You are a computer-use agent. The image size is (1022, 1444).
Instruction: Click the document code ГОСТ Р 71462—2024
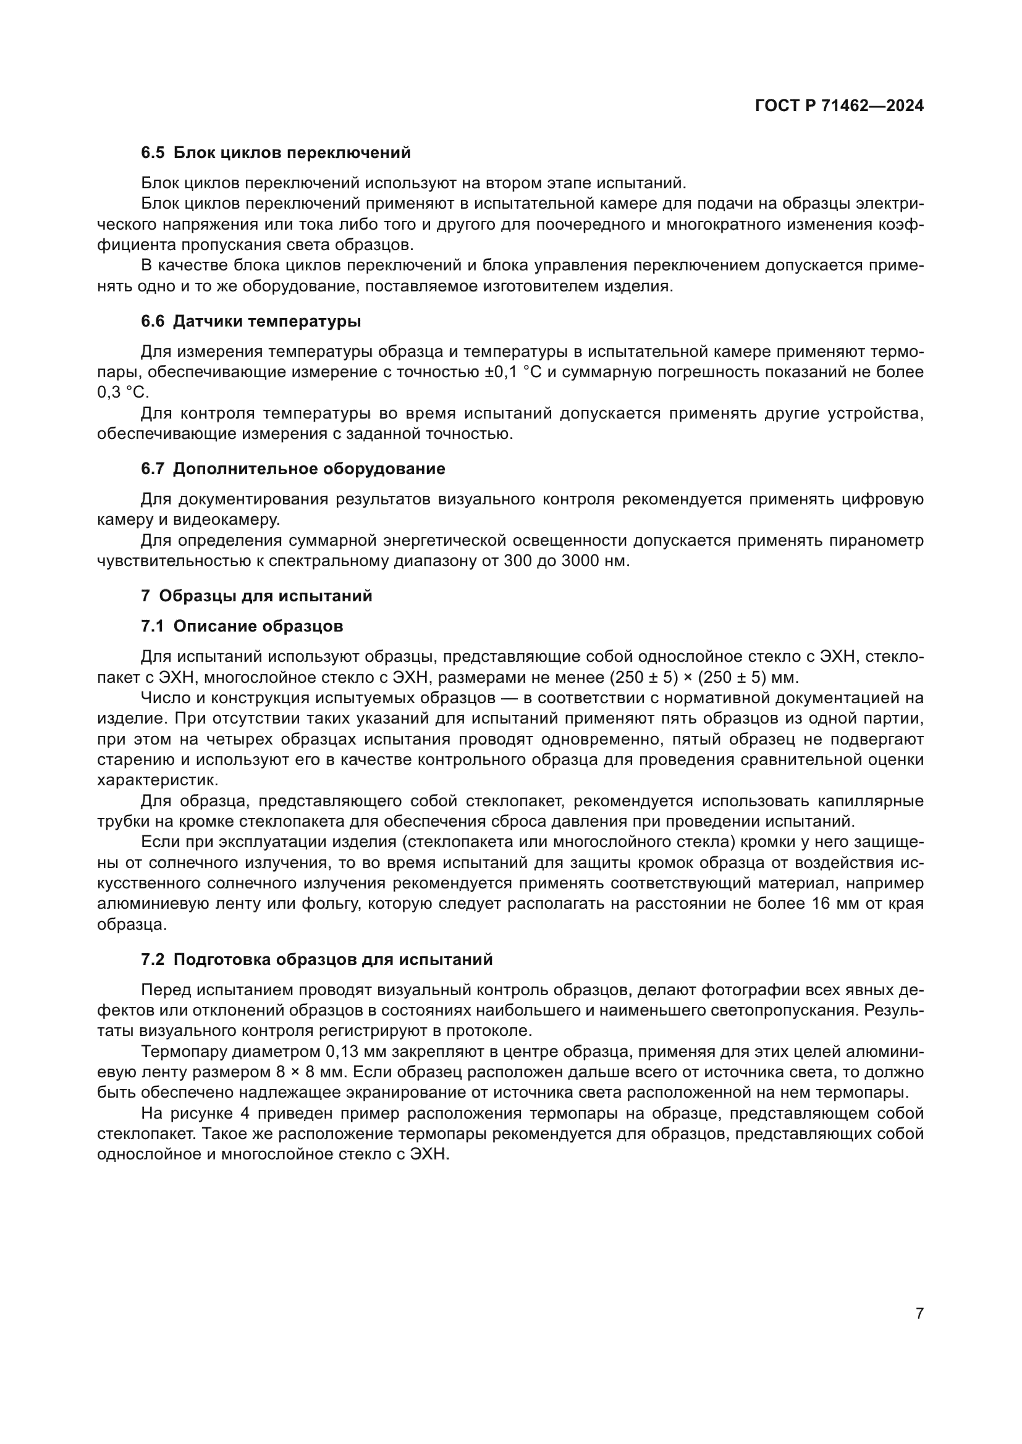click(x=839, y=106)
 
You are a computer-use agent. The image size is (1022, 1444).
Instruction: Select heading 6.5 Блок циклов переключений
click(x=276, y=153)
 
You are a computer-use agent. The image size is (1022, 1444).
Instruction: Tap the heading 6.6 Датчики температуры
click(x=250, y=322)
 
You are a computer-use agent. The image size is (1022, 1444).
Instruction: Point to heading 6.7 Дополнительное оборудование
click(x=293, y=469)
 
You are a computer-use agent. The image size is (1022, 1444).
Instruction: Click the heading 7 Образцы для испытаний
click(x=256, y=596)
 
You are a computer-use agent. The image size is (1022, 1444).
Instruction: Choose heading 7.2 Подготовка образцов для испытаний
click(x=316, y=960)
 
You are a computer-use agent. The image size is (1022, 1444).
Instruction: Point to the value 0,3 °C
click(x=123, y=393)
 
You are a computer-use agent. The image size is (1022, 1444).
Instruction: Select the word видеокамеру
click(x=227, y=519)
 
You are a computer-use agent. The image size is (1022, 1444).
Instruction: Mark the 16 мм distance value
click(x=782, y=904)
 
